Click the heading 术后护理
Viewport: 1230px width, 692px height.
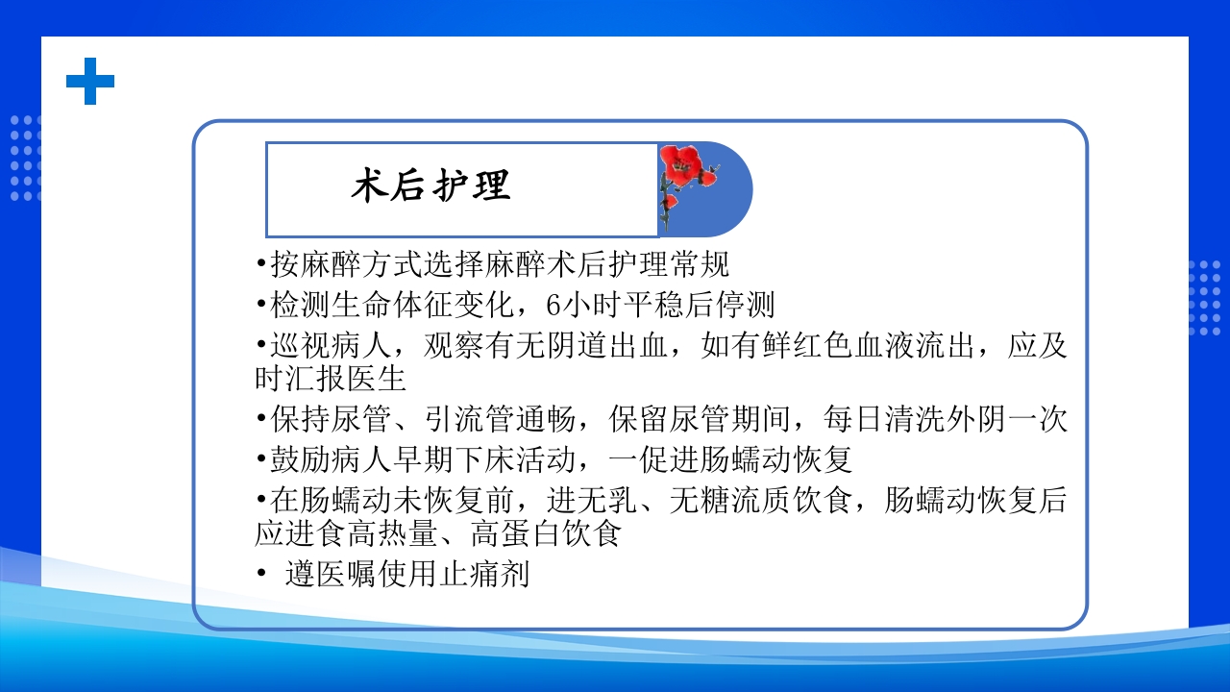coord(430,187)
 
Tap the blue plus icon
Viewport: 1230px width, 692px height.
coord(90,81)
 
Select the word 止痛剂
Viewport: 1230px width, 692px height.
coord(484,575)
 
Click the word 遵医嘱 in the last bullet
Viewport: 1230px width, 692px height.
coord(331,575)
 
